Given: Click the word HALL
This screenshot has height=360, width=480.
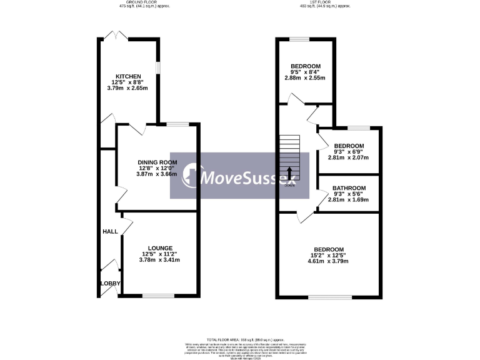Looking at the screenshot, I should coord(110,232).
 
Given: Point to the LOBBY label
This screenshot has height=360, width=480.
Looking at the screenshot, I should coord(110,284).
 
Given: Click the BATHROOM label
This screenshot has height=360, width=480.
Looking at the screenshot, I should coord(349,187).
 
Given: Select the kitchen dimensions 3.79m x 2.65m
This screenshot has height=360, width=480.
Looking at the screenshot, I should coord(127,88).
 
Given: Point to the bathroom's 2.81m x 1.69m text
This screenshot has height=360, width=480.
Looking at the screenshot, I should coord(349,200).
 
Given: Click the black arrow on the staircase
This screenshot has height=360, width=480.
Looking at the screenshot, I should coord(289,172).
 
